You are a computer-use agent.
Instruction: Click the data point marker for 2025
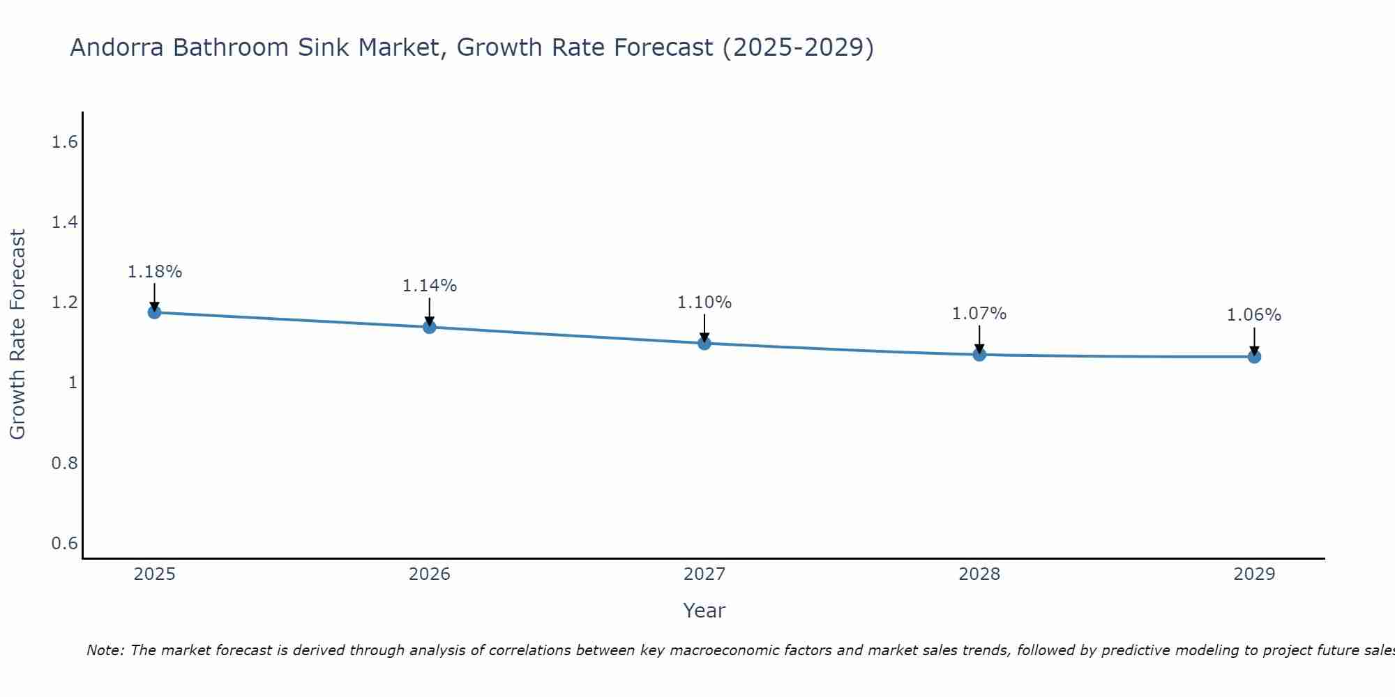pyautogui.click(x=154, y=312)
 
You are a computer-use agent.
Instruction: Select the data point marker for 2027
pyautogui.click(x=704, y=343)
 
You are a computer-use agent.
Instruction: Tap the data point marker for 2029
pyautogui.click(x=1254, y=357)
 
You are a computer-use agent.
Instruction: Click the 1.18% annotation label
pyautogui.click(x=154, y=272)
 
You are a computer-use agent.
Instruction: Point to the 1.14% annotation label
pyautogui.click(x=430, y=286)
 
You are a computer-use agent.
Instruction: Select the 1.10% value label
pyautogui.click(x=704, y=302)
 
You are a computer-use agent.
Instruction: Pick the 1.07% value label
pyautogui.click(x=979, y=314)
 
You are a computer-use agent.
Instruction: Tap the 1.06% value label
pyautogui.click(x=1254, y=315)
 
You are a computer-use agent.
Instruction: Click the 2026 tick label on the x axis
pyautogui.click(x=430, y=574)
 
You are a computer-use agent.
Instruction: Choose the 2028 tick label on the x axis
pyautogui.click(x=979, y=574)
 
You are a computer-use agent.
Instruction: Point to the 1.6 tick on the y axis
pyautogui.click(x=64, y=142)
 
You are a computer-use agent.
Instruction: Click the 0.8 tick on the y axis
pyautogui.click(x=64, y=463)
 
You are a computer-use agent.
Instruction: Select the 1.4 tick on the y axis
pyautogui.click(x=64, y=222)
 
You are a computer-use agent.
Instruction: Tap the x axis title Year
pyautogui.click(x=704, y=611)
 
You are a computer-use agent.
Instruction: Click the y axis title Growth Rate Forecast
pyautogui.click(x=17, y=335)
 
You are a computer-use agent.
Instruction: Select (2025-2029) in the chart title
pyautogui.click(x=798, y=47)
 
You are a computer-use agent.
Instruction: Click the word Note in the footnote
pyautogui.click(x=105, y=650)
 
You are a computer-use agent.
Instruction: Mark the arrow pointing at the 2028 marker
pyautogui.click(x=979, y=340)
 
